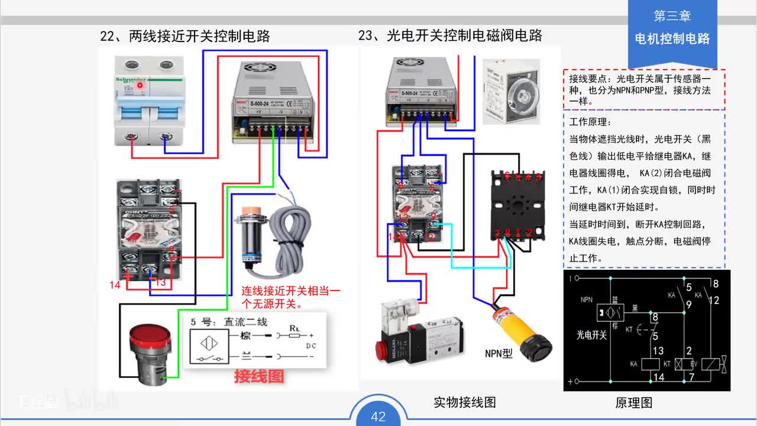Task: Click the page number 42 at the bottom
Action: click(x=378, y=417)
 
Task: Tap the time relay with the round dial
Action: click(x=511, y=91)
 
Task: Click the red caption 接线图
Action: click(x=259, y=376)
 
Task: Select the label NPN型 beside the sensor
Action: click(x=499, y=354)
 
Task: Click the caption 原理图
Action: click(x=633, y=403)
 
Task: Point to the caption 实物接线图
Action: click(x=464, y=402)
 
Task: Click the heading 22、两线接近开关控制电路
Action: click(x=185, y=36)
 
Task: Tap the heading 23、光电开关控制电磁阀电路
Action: click(x=450, y=35)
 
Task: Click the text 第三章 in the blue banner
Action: click(x=672, y=16)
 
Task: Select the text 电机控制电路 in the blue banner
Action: click(x=672, y=39)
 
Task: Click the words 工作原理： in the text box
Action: click(x=589, y=122)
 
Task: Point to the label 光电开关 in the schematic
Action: click(x=591, y=335)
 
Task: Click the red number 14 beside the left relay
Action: click(x=115, y=285)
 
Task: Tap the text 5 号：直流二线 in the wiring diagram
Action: click(x=229, y=322)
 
